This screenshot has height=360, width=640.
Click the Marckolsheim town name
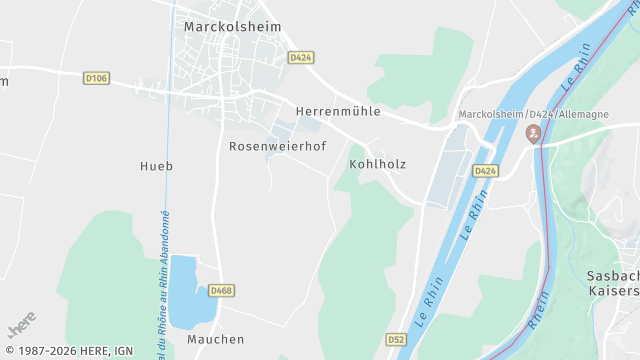pyautogui.click(x=232, y=27)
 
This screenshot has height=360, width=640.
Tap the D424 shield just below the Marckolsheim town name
pyautogui.click(x=301, y=58)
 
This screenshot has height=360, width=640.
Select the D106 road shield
pyautogui.click(x=96, y=77)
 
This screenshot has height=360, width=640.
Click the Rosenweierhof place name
pyautogui.click(x=278, y=146)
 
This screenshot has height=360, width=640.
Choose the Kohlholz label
pyautogui.click(x=378, y=163)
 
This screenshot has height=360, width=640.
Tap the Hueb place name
pyautogui.click(x=156, y=166)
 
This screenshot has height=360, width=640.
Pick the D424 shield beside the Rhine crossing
pyautogui.click(x=485, y=171)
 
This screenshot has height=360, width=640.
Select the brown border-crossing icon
pyautogui.click(x=535, y=133)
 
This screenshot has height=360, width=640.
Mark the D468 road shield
pyautogui.click(x=222, y=291)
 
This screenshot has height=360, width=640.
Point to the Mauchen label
pyautogui.click(x=215, y=339)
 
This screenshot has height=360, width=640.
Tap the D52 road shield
pyautogui.click(x=397, y=340)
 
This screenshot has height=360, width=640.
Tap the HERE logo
pyautogui.click(x=21, y=325)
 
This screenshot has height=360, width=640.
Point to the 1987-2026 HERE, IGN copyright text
pyautogui.click(x=69, y=351)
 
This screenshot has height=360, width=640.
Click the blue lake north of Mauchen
pyautogui.click(x=183, y=291)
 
